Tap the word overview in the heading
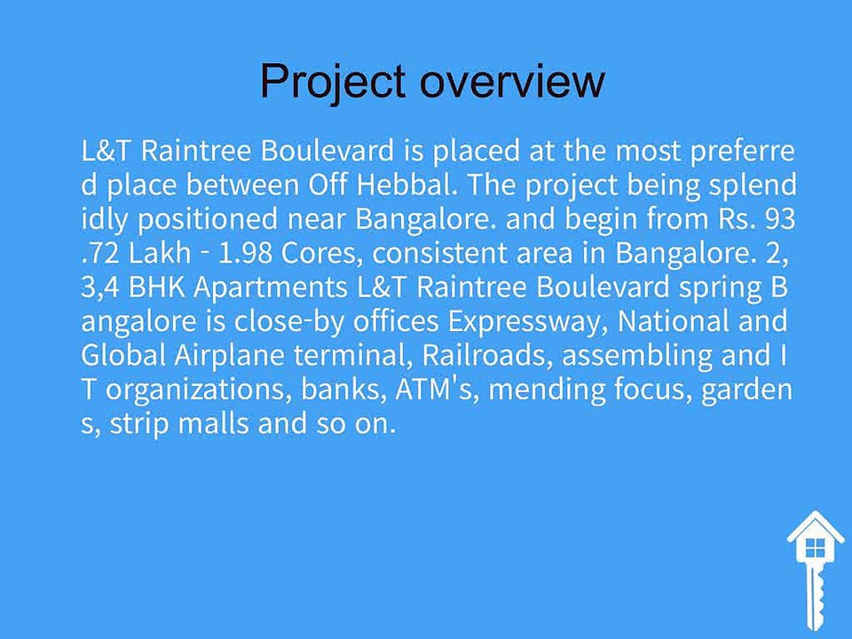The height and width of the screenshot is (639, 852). (512, 82)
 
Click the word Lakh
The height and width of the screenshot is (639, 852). (161, 253)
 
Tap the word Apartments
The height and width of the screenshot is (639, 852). (270, 288)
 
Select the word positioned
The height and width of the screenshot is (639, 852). (207, 219)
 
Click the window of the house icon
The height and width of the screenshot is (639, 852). (815, 548)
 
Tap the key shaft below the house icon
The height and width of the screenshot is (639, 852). (814, 596)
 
